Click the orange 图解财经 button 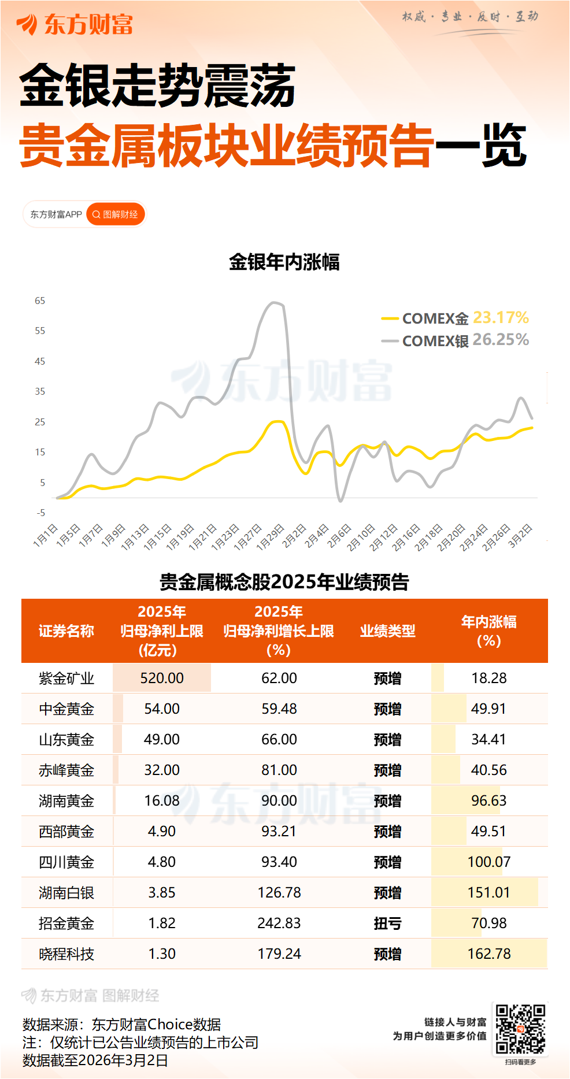pyautogui.click(x=116, y=214)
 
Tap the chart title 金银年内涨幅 pyautogui.click(x=284, y=262)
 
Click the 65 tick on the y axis pyautogui.click(x=40, y=301)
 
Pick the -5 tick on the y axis pyautogui.click(x=40, y=513)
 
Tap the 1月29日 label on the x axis pyautogui.click(x=271, y=536)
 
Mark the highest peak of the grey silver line pyautogui.click(x=276, y=303)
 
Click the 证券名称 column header pyautogui.click(x=66, y=631)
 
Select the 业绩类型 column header pyautogui.click(x=387, y=631)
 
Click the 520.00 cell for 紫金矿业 pyautogui.click(x=162, y=678)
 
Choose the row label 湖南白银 pyautogui.click(x=66, y=893)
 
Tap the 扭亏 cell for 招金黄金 pyautogui.click(x=387, y=924)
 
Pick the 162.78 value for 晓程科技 pyautogui.click(x=489, y=954)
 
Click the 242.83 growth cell pyautogui.click(x=279, y=924)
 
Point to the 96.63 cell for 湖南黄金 pyautogui.click(x=489, y=801)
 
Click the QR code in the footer pyautogui.click(x=520, y=1029)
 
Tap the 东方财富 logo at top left pyautogui.click(x=75, y=25)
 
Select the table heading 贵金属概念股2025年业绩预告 pyautogui.click(x=284, y=582)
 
